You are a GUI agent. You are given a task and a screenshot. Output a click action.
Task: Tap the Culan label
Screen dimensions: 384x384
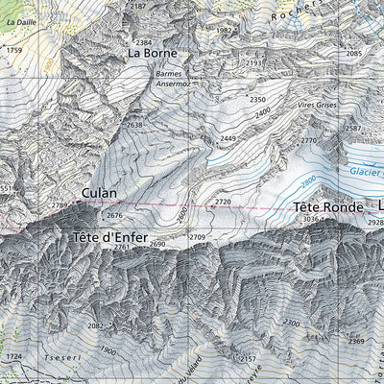100,193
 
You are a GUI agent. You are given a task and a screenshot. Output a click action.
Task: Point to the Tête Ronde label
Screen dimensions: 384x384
327,207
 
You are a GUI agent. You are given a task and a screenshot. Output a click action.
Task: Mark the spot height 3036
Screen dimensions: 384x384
311,220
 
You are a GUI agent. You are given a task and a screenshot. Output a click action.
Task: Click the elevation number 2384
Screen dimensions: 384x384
144,43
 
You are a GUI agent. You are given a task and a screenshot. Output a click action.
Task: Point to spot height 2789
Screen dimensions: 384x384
60,205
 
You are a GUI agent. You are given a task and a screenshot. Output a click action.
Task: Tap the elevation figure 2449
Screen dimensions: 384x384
228,139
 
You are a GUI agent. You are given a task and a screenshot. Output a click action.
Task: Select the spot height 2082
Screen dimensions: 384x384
95,326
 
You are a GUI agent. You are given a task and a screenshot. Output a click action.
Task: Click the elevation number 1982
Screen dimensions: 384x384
226,31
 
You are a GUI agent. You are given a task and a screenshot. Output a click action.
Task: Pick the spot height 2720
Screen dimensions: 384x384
224,202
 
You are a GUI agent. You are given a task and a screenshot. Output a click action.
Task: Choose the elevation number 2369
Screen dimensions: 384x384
356,341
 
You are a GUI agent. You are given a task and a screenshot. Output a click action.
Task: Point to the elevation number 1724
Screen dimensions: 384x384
13,356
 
